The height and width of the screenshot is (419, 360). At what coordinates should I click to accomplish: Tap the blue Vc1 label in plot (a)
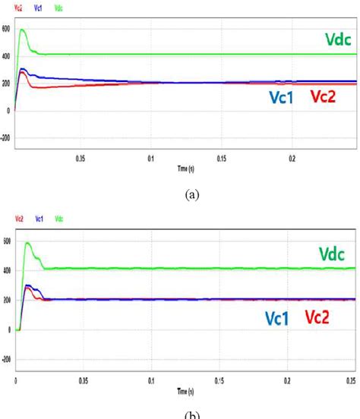283,96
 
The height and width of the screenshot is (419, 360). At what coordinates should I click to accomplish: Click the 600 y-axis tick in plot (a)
6,28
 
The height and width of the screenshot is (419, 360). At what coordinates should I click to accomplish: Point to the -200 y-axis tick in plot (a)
6,138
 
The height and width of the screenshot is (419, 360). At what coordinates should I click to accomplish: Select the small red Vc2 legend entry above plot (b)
18,221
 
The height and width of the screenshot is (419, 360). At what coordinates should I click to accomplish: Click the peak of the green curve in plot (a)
22,30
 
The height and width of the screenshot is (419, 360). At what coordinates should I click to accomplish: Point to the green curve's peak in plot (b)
27,243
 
